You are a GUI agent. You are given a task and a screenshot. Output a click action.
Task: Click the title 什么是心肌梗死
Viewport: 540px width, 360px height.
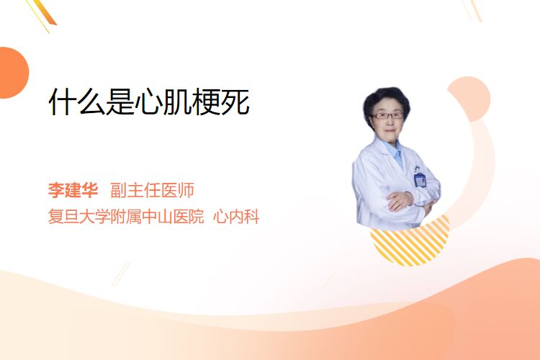[149, 102]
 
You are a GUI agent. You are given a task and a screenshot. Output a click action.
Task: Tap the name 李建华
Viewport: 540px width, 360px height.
[73, 190]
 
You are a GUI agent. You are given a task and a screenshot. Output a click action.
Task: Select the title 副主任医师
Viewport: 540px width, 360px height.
[152, 190]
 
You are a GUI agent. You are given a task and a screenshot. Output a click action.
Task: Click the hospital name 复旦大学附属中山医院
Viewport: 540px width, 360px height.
[126, 217]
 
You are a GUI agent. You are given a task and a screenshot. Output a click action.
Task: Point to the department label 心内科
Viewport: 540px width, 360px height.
[236, 217]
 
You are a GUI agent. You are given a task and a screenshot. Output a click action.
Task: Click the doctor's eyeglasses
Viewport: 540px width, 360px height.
[387, 116]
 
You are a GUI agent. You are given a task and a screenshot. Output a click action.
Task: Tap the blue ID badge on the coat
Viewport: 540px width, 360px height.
[420, 179]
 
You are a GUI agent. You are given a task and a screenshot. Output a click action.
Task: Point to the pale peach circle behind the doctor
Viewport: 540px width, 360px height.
[469, 97]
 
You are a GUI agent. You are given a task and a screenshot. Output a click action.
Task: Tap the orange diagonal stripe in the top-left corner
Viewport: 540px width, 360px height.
[47, 13]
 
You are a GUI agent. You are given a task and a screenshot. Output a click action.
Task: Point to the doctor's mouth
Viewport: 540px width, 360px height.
[390, 131]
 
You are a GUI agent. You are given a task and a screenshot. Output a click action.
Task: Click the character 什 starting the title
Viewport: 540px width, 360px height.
[63, 102]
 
